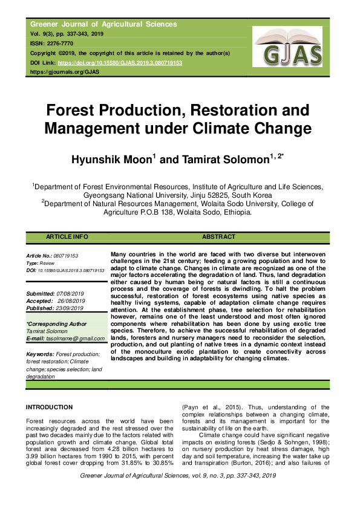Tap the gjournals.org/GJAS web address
65,72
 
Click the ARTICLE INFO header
67,237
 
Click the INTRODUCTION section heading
50,407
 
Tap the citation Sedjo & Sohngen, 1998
290,442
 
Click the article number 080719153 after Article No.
66,256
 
